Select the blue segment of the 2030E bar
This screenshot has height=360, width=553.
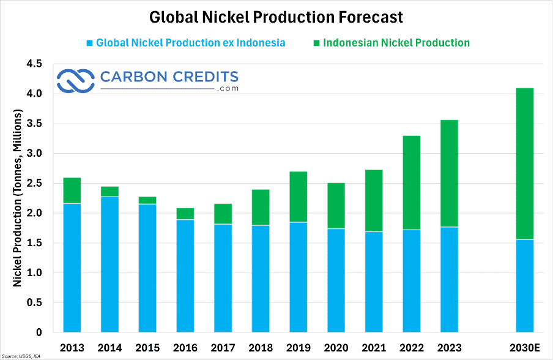(525, 285)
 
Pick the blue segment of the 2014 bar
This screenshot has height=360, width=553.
(110, 264)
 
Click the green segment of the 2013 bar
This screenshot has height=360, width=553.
(72, 190)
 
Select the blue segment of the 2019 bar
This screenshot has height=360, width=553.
(299, 277)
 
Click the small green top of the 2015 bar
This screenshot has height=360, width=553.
(147, 200)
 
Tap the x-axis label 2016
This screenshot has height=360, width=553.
(185, 348)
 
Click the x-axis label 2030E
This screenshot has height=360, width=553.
(525, 348)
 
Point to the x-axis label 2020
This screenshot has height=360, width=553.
(336, 348)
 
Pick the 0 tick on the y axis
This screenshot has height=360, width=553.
(39, 332)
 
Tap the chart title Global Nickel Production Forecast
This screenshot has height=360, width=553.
(276, 17)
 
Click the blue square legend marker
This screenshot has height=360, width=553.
(89, 43)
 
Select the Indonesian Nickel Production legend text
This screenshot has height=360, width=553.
(396, 43)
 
